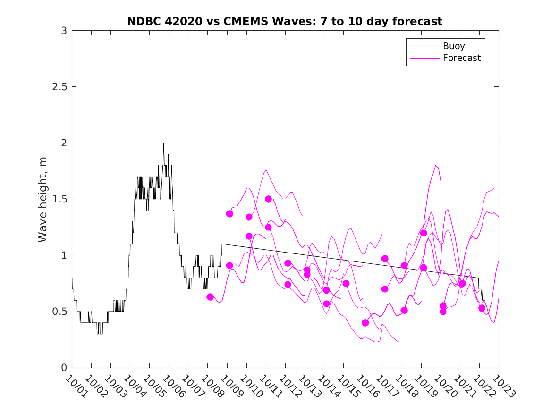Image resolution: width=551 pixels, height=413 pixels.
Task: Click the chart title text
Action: click(285, 21)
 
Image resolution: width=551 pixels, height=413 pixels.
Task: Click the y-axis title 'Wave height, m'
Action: click(43, 199)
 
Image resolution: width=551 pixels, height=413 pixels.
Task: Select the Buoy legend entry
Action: click(453, 46)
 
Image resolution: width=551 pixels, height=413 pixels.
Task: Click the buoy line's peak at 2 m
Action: click(164, 143)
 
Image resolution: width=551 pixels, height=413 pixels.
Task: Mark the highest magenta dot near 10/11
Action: click(268, 199)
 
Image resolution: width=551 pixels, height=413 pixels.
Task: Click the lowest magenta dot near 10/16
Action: click(365, 323)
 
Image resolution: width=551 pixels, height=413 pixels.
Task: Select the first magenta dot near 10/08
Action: click(210, 297)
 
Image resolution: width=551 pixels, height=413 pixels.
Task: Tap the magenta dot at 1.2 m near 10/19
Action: click(424, 233)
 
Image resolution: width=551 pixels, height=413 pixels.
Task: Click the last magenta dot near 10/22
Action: click(482, 308)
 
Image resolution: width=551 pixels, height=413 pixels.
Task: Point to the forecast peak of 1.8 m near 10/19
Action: click(436, 166)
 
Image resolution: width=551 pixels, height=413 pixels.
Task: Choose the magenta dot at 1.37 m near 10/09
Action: click(229, 214)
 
